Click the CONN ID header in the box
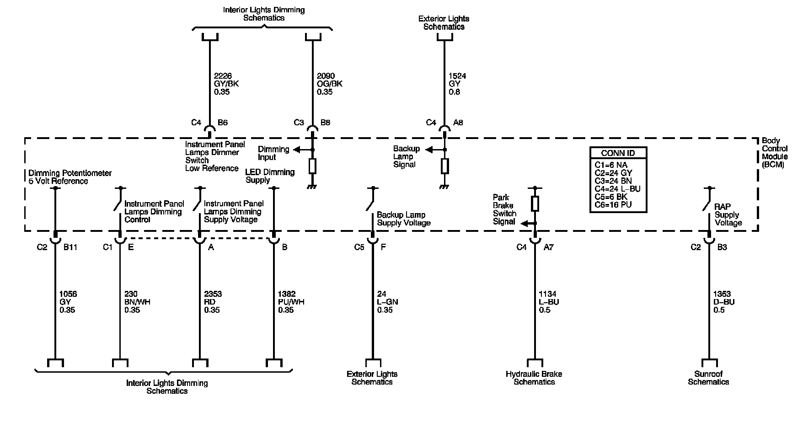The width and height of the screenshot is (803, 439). pyautogui.click(x=618, y=153)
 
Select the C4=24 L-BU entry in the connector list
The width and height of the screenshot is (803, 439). pyautogui.click(x=617, y=189)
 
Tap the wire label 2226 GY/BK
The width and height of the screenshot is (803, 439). pyautogui.click(x=226, y=84)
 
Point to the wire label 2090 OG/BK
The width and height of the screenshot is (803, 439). pyautogui.click(x=329, y=84)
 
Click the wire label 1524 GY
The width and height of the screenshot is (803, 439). pyautogui.click(x=457, y=84)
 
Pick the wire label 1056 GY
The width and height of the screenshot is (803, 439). pyautogui.click(x=68, y=302)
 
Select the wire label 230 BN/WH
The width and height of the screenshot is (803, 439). pyautogui.click(x=137, y=302)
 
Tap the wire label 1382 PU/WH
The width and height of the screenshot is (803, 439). pyautogui.click(x=291, y=302)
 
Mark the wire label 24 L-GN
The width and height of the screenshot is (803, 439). pyautogui.click(x=387, y=302)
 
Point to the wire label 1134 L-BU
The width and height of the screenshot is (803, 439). pyautogui.click(x=549, y=302)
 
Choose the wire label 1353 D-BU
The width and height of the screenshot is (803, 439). pyautogui.click(x=724, y=302)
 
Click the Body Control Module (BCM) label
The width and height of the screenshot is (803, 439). pyautogui.click(x=775, y=153)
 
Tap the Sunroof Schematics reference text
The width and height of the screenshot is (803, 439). pyautogui.click(x=708, y=378)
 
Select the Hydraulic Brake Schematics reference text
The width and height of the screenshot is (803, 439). pyautogui.click(x=534, y=378)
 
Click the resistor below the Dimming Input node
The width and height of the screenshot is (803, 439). pyautogui.click(x=312, y=166)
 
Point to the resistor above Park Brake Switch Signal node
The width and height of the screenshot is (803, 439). pyautogui.click(x=535, y=203)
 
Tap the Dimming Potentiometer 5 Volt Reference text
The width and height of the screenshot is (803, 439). pyautogui.click(x=70, y=177)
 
